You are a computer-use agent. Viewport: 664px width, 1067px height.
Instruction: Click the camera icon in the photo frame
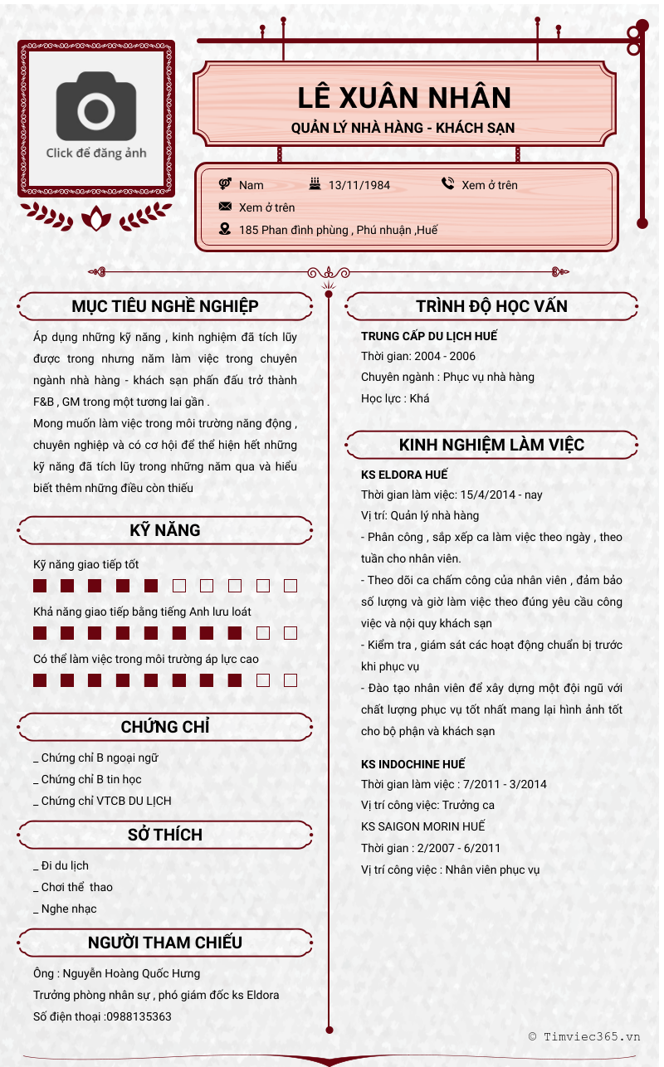tap(96, 106)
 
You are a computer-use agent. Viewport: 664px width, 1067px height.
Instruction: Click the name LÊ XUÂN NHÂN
tap(404, 98)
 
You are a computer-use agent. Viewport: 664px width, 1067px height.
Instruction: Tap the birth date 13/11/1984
tap(359, 185)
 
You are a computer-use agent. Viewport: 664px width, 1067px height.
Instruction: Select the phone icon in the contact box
tap(448, 184)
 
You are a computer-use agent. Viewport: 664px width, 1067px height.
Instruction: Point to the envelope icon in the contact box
tap(225, 207)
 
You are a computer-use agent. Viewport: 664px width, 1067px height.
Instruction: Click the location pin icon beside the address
tap(225, 229)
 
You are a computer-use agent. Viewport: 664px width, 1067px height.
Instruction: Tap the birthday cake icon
tap(315, 184)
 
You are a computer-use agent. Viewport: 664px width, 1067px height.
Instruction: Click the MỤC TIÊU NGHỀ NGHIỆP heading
tap(165, 306)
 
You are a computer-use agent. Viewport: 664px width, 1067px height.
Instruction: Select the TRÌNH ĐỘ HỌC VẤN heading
tap(491, 306)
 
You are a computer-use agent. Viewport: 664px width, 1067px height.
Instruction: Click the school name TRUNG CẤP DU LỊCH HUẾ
tap(429, 336)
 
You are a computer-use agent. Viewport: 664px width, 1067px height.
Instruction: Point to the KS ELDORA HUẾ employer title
tap(404, 475)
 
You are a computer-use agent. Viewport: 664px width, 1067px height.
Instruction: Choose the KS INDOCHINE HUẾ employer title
tap(413, 763)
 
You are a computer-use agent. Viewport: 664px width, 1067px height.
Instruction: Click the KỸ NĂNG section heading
tap(165, 530)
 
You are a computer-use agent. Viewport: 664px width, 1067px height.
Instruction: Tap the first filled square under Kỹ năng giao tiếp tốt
tap(40, 586)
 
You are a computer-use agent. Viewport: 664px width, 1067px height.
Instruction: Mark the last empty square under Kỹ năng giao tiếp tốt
tap(290, 586)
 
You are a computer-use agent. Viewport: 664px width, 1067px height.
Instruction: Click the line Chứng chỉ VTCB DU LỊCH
tap(106, 801)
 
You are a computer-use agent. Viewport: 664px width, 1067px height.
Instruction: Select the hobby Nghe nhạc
tap(69, 909)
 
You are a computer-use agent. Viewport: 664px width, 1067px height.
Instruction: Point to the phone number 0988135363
tap(139, 1016)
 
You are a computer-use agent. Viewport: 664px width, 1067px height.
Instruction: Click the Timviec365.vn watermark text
tap(591, 1035)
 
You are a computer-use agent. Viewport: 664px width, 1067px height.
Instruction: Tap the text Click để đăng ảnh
tap(96, 153)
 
